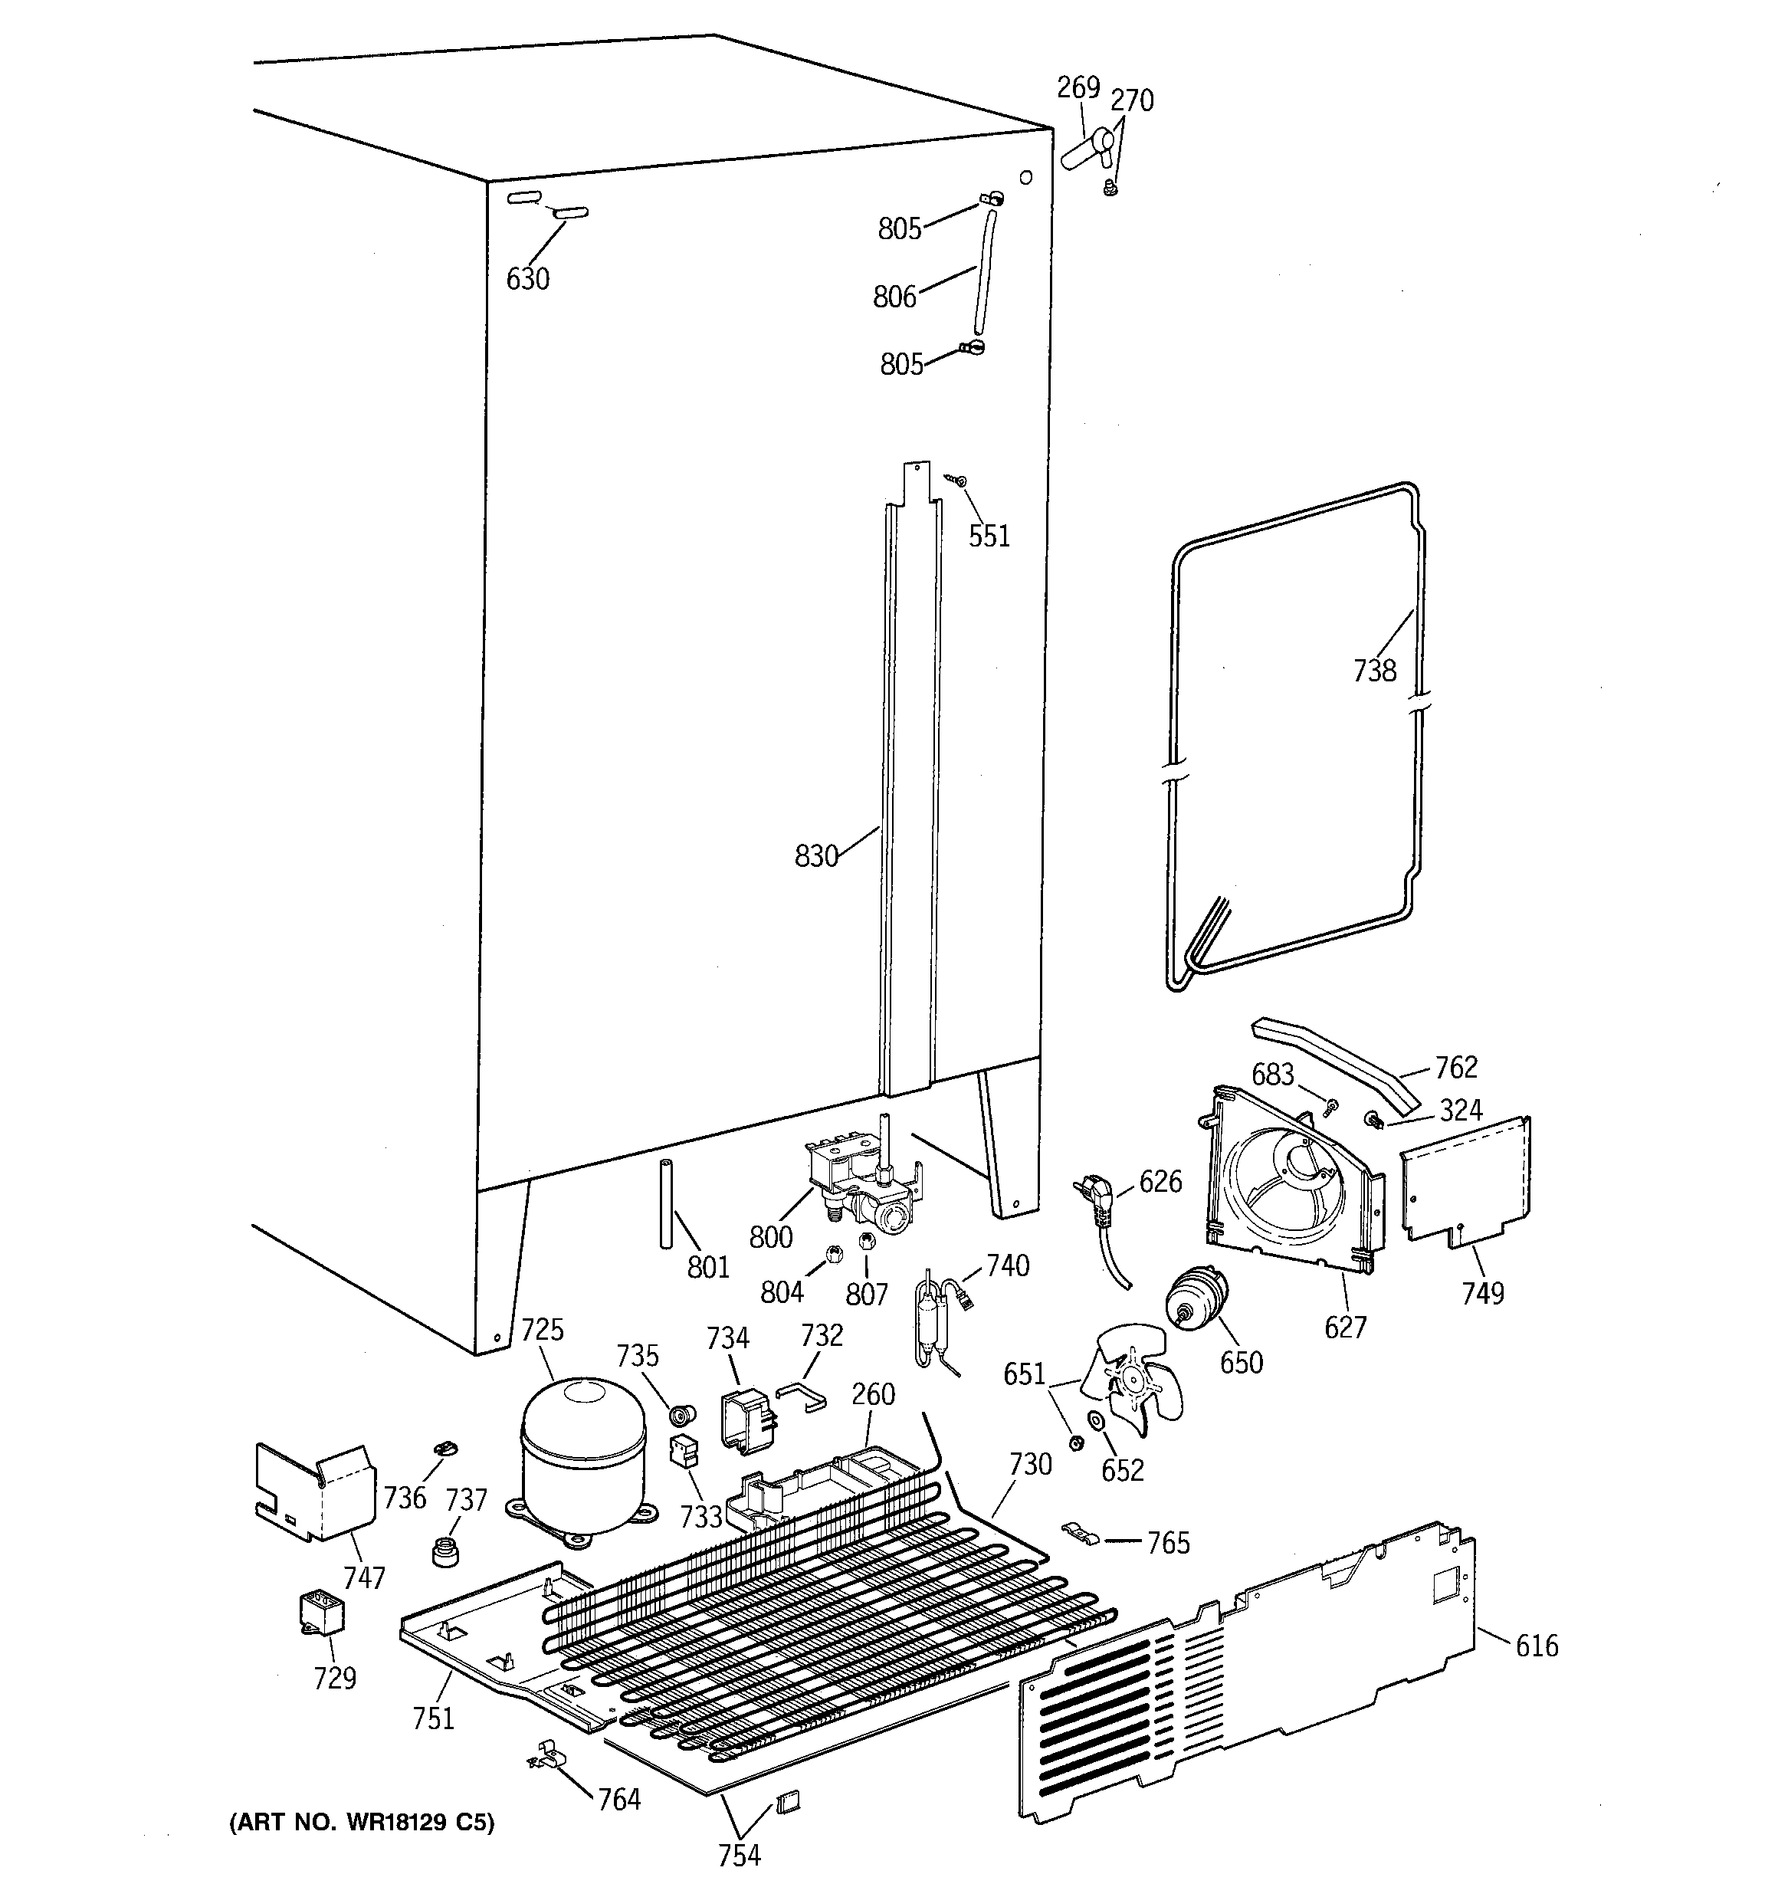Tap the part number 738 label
(x=1374, y=671)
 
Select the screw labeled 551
(x=961, y=482)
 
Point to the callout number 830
(x=816, y=856)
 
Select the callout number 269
(x=1078, y=88)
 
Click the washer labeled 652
(x=1097, y=1422)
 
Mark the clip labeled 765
(x=1081, y=1531)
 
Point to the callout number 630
(x=528, y=279)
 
